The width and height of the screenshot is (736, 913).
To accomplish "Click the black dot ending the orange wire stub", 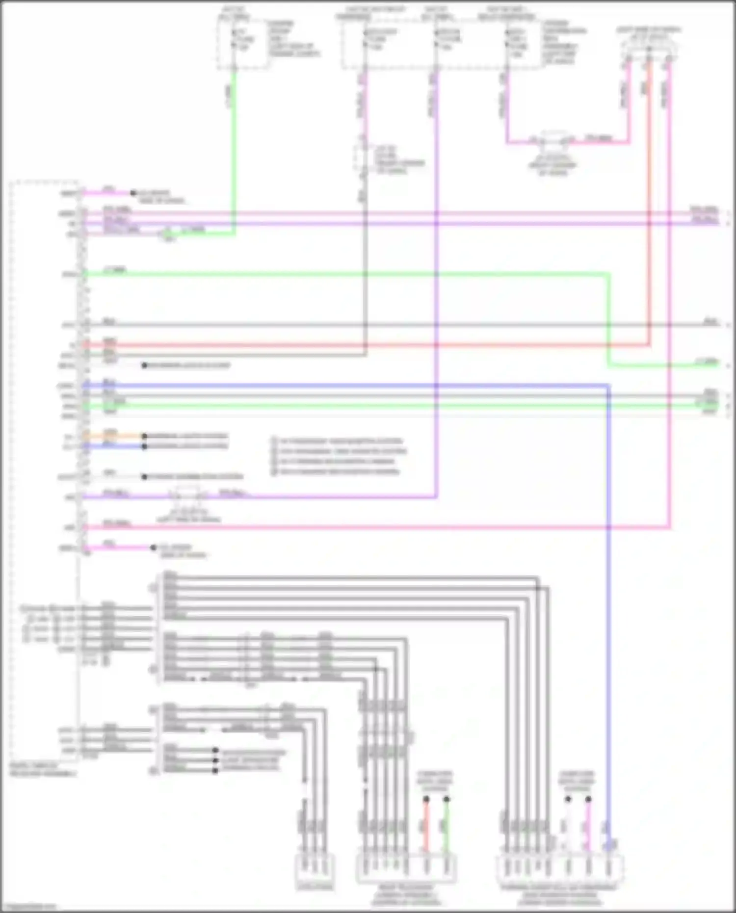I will click(x=144, y=436).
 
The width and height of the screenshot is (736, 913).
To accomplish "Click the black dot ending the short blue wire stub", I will click(x=144, y=446).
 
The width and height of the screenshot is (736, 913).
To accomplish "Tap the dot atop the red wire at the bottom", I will click(x=426, y=799).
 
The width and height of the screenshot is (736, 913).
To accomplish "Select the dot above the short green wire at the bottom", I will click(x=447, y=799).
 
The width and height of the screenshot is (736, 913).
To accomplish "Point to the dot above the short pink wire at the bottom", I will click(x=588, y=799).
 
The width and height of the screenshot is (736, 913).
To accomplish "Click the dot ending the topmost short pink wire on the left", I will click(x=133, y=193).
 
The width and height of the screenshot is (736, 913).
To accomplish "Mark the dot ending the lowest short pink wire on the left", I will click(x=153, y=548).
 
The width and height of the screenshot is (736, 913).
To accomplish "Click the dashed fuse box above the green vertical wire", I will click(x=243, y=42).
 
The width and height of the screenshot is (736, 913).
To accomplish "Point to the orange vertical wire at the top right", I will click(x=650, y=196).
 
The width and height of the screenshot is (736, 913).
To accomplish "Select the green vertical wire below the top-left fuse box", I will click(x=234, y=147).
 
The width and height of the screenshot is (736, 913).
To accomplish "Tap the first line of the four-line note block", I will click(x=339, y=441).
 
